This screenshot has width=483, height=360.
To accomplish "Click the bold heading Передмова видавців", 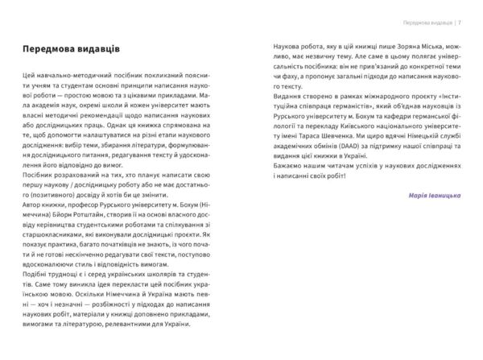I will tap(72, 49).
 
